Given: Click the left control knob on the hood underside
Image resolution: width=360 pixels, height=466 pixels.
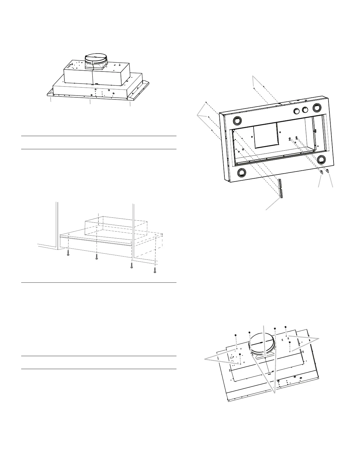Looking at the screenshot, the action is (297, 111).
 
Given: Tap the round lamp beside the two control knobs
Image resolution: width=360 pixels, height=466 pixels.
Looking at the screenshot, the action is (317, 108).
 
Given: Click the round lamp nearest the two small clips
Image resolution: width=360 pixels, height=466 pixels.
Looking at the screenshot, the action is (322, 159).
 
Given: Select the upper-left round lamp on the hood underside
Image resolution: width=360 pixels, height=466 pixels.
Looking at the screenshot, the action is (237, 121).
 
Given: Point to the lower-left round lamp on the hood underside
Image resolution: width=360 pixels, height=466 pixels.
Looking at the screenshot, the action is (242, 172).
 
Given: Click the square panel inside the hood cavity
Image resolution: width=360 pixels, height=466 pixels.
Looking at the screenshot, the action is (265, 135).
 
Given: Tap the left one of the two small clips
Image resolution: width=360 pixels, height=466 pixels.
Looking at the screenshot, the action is (322, 172).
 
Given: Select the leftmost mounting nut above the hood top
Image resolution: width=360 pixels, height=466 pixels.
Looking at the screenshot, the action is (236, 335).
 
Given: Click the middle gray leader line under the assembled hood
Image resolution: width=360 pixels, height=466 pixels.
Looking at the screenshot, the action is (90, 103).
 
